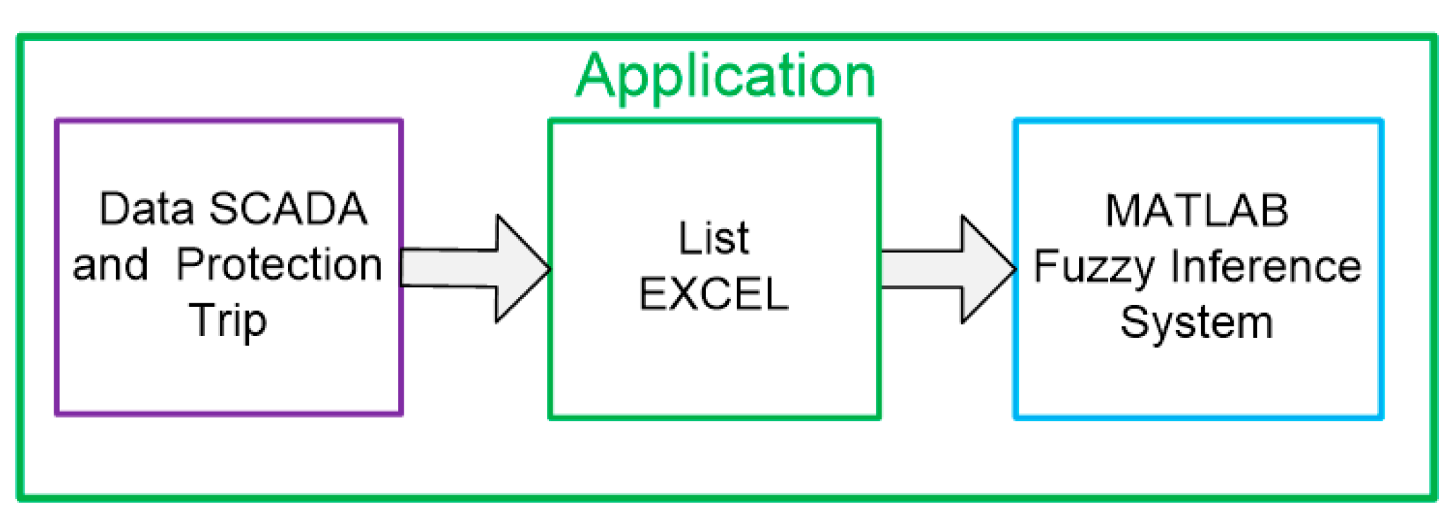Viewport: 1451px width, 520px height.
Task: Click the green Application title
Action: click(x=725, y=75)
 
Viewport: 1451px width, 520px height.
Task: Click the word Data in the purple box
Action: click(x=146, y=209)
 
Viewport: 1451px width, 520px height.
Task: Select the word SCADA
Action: click(x=288, y=209)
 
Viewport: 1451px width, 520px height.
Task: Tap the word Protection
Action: click(x=279, y=265)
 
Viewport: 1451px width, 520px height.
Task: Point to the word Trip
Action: click(x=228, y=320)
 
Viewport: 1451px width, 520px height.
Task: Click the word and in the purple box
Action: click(x=110, y=265)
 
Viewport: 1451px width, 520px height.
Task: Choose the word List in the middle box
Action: click(x=714, y=238)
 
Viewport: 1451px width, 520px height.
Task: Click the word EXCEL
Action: click(x=714, y=294)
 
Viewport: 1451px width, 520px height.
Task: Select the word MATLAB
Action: click(x=1197, y=210)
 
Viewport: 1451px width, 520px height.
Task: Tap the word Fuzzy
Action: click(x=1094, y=267)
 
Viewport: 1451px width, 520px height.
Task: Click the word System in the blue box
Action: click(x=1197, y=322)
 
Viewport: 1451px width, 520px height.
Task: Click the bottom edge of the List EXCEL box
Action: click(x=714, y=416)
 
